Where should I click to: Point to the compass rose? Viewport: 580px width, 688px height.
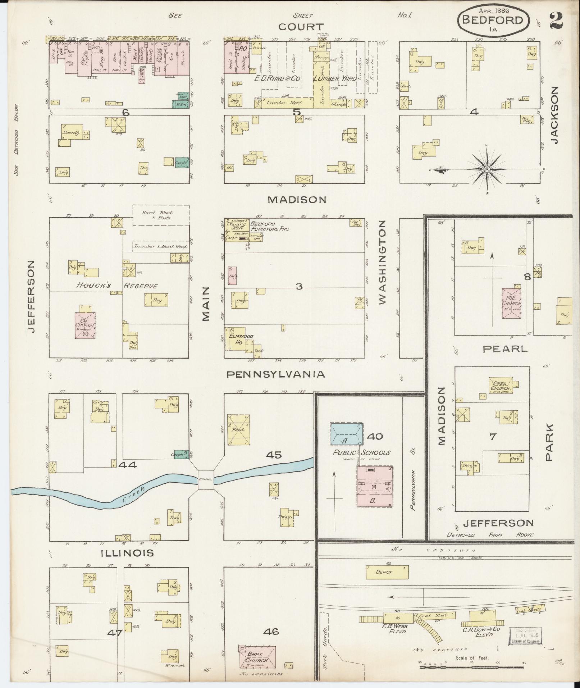(487, 169)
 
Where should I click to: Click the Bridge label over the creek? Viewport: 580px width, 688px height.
(206, 479)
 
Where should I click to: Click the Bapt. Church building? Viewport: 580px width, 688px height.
(257, 656)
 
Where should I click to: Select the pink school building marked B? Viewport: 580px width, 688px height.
(374, 487)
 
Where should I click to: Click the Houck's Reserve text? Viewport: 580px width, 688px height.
(117, 286)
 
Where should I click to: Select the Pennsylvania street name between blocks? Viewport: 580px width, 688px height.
(275, 374)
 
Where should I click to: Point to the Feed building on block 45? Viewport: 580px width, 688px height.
(238, 430)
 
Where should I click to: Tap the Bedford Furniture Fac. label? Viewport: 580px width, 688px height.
(270, 226)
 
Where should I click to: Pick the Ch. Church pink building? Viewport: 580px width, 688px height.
(85, 325)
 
